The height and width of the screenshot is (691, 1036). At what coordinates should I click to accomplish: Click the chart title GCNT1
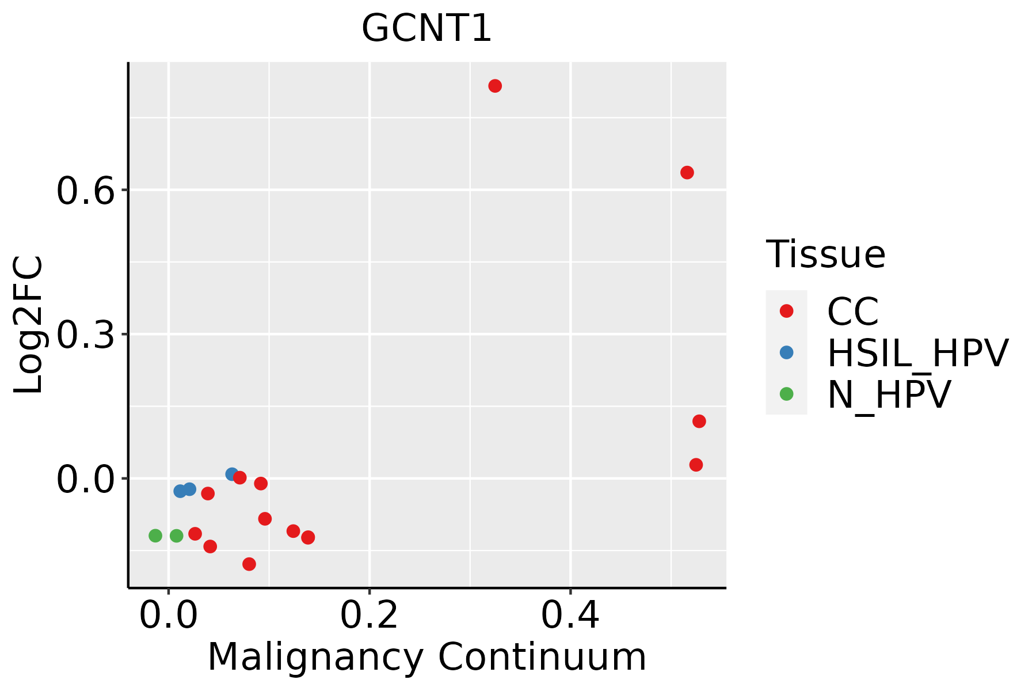(426, 29)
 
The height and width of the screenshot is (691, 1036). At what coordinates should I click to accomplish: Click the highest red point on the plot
(495, 86)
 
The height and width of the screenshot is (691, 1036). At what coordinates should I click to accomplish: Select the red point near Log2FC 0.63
(687, 172)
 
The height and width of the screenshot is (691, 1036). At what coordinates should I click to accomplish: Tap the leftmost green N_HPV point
(155, 536)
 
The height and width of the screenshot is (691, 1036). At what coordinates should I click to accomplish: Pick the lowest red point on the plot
(249, 564)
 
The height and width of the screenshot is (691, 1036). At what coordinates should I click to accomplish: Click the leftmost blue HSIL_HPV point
(180, 491)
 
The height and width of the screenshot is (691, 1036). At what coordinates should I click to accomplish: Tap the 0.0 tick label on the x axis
(168, 616)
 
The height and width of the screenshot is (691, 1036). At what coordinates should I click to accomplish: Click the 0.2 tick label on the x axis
(369, 616)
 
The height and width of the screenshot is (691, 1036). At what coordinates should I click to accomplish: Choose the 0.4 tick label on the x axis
(570, 616)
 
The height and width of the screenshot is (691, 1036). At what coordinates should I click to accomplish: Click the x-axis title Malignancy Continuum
(426, 657)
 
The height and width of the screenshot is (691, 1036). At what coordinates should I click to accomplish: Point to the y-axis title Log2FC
(29, 325)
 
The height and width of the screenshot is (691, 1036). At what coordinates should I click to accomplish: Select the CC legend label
(853, 312)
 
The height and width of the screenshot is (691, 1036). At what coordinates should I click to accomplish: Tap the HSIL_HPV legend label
(917, 353)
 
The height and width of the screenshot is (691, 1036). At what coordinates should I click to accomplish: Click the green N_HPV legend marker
(786, 394)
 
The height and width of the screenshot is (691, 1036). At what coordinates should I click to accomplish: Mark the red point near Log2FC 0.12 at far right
(699, 422)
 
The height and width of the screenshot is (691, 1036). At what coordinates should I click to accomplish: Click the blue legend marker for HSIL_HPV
(786, 352)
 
